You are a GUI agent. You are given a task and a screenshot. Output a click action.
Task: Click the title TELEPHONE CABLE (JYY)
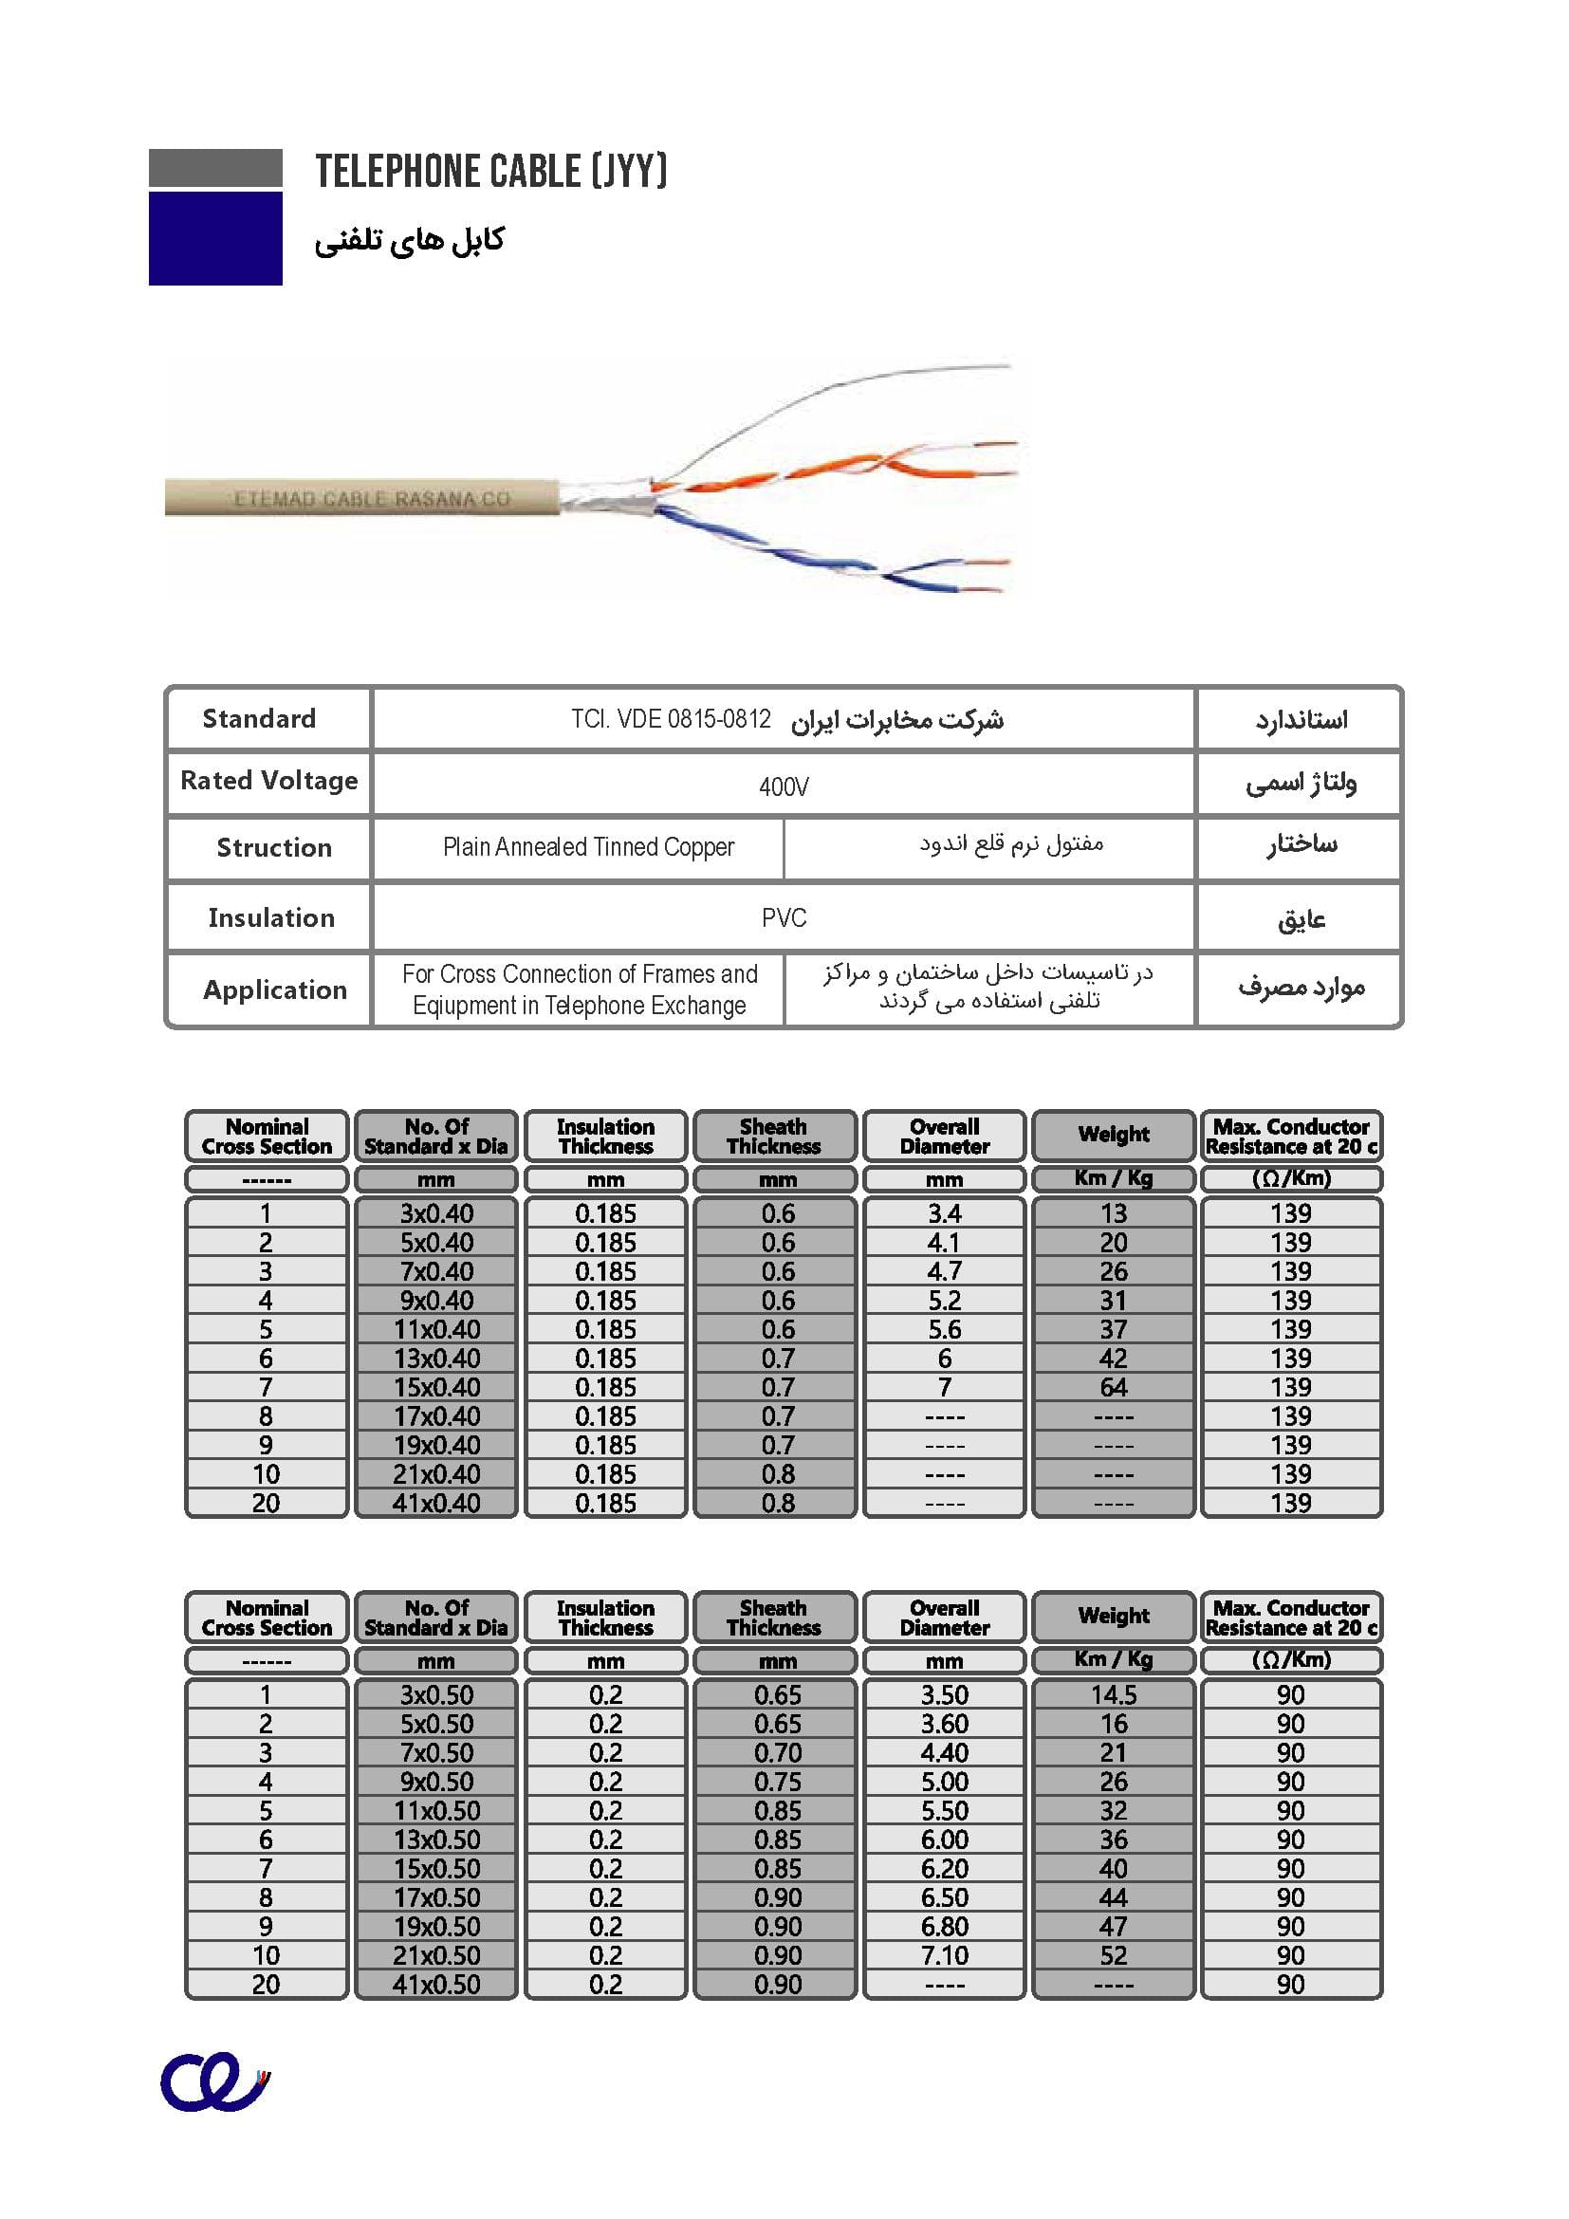coord(490,172)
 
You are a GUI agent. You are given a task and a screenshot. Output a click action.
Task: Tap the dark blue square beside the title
coord(215,238)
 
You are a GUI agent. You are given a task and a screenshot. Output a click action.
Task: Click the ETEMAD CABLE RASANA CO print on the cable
coord(371,499)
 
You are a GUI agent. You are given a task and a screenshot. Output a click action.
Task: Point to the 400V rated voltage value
coord(784,786)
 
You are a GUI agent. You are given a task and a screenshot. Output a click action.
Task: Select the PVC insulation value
coord(784,917)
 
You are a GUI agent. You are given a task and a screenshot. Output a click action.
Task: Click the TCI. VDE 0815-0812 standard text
coord(671,720)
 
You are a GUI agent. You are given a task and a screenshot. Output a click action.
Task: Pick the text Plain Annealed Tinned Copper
coord(588,847)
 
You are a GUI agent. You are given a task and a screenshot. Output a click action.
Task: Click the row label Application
coord(274,989)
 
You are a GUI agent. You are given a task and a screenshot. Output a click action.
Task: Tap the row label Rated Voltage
coord(268,781)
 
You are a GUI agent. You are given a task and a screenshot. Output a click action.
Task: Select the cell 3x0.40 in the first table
coord(436,1213)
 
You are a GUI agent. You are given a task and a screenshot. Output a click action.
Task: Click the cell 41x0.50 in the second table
coord(436,1984)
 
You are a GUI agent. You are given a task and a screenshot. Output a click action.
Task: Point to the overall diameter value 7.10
coord(945,1955)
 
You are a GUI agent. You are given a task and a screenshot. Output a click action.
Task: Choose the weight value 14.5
coord(1114,1694)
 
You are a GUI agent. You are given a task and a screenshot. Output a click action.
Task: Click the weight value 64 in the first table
coord(1114,1387)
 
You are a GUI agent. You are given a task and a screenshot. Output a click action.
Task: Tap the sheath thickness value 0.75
coord(778,1782)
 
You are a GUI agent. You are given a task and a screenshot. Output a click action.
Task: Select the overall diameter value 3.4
coord(945,1213)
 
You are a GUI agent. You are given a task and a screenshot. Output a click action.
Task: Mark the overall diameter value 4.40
coord(945,1752)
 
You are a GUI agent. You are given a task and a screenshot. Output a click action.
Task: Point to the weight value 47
coord(1114,1926)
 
